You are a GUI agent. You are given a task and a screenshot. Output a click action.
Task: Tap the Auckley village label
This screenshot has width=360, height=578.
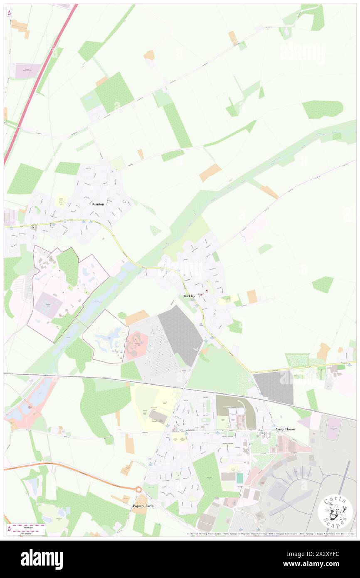click(189, 296)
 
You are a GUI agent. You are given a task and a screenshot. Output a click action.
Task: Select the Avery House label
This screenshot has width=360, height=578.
click(285, 429)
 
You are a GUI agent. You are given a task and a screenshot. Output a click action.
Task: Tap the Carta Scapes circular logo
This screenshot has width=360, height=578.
click(335, 511)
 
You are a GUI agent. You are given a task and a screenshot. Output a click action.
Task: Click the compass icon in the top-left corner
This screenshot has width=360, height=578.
click(9, 13)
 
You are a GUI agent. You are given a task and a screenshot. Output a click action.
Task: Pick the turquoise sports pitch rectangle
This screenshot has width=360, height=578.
click(239, 478)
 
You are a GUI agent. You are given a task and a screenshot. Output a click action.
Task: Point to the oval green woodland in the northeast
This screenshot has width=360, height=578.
click(323, 109)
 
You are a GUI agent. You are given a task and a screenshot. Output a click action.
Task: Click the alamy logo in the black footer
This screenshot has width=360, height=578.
click(42, 559)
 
